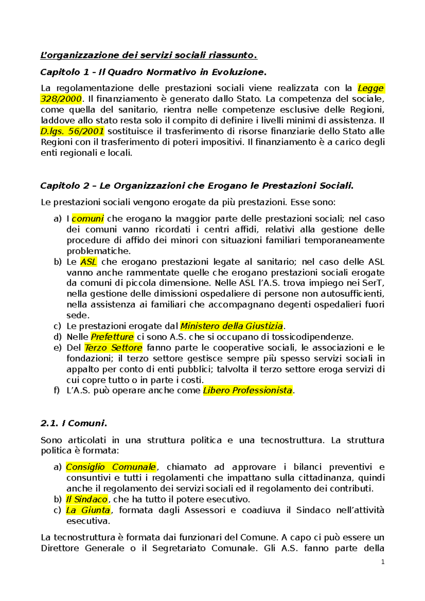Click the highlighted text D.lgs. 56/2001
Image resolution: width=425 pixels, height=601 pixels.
click(72, 131)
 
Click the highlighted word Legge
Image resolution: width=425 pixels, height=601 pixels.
click(370, 88)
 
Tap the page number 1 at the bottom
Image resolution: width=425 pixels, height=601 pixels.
click(382, 562)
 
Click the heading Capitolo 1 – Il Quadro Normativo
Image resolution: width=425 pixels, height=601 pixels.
click(153, 72)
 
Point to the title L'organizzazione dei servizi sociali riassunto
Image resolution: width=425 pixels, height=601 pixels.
click(149, 55)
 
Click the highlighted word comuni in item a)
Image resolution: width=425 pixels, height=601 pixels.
click(87, 219)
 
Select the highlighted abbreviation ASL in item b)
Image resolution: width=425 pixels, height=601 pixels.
click(88, 262)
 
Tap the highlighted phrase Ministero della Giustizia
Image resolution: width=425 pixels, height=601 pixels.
click(232, 326)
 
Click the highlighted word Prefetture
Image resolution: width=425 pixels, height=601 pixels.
click(112, 337)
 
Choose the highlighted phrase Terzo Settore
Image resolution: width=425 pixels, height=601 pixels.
click(113, 348)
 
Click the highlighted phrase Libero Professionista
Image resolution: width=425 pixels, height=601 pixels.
click(248, 390)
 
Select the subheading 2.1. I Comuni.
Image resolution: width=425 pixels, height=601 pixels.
click(74, 423)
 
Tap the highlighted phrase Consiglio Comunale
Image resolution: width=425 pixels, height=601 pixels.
click(111, 467)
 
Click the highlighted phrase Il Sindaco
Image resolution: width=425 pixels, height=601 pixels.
click(87, 499)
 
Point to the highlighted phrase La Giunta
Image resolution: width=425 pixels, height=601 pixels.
click(88, 510)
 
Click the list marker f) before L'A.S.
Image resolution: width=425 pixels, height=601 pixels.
click(57, 390)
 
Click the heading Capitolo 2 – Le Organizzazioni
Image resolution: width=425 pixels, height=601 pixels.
click(197, 186)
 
